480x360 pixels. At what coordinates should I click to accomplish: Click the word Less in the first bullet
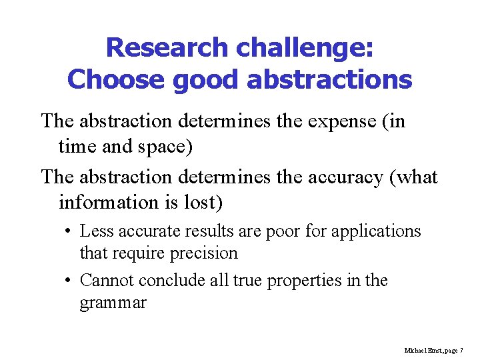pos(95,231)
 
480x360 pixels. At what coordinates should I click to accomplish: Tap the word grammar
pos(113,303)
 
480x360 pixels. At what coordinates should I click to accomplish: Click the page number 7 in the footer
pos(461,350)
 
